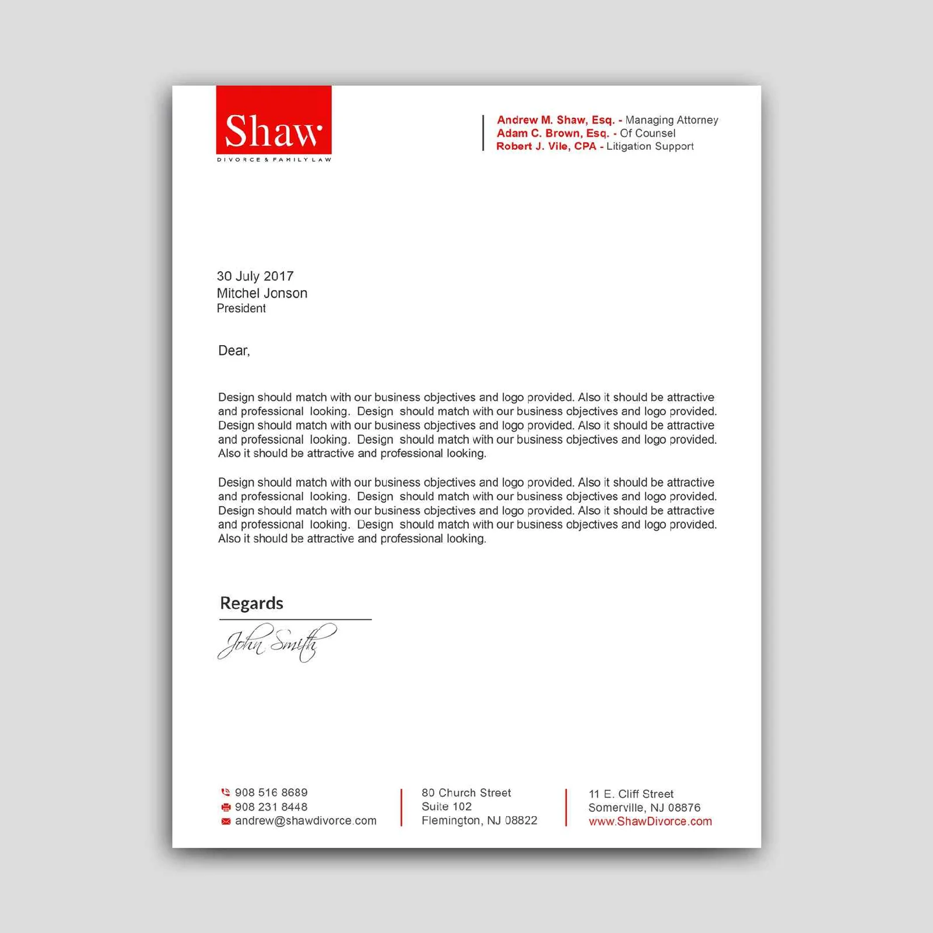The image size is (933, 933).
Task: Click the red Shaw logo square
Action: coord(273,120)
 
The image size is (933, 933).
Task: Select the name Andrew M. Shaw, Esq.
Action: coord(555,120)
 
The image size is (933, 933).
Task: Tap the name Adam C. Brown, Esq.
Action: coord(552,134)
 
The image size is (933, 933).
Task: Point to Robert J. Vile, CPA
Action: coord(546,146)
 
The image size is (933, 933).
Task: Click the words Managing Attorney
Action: coord(672,120)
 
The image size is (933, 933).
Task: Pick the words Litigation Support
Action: coord(650,146)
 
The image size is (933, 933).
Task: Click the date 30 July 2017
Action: coord(255,276)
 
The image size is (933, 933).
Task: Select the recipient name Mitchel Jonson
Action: coord(262,293)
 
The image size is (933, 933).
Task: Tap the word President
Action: coord(241,308)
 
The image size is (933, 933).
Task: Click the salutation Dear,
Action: coord(234,350)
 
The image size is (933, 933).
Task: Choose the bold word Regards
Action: coord(251,603)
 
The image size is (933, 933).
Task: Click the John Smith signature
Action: coord(277,642)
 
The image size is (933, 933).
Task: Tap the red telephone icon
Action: coord(226,792)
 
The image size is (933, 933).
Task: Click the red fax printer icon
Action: coord(226,807)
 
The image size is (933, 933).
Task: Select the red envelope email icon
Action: coord(226,821)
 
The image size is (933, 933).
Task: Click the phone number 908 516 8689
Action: coord(271,792)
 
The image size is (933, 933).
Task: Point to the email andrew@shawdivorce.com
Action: coord(306,821)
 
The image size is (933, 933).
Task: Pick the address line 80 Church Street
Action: coord(466,793)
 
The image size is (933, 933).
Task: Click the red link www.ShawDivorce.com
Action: coord(650,822)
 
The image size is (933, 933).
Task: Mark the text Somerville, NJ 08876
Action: coord(644,808)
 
